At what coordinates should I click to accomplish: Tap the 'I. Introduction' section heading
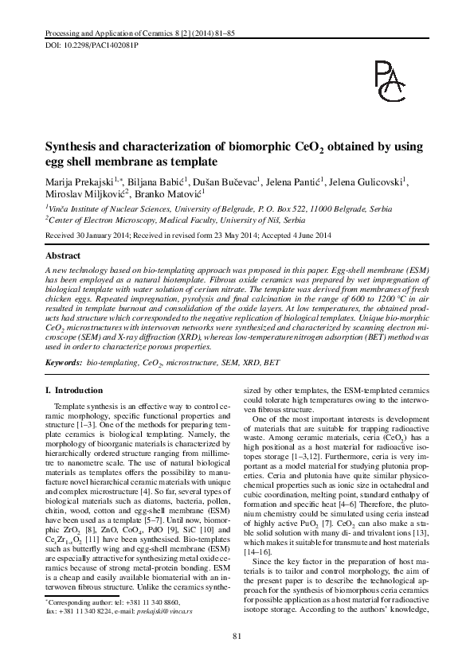(x=76, y=390)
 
